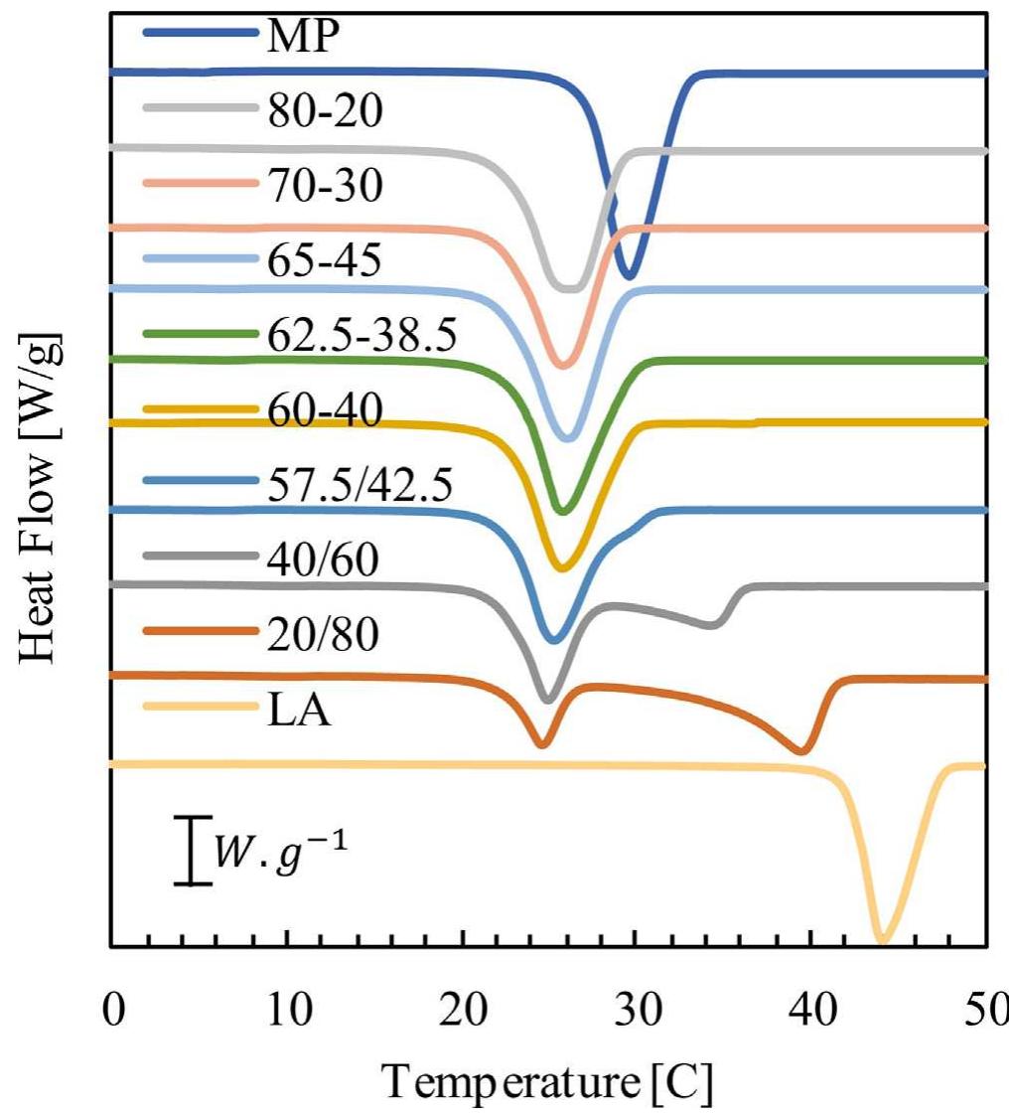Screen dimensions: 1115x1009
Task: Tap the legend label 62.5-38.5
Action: point(361,336)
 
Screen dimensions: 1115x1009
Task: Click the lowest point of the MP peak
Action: point(628,276)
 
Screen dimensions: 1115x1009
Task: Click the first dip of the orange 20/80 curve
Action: point(541,743)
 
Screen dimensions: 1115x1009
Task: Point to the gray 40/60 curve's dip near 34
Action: point(712,624)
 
